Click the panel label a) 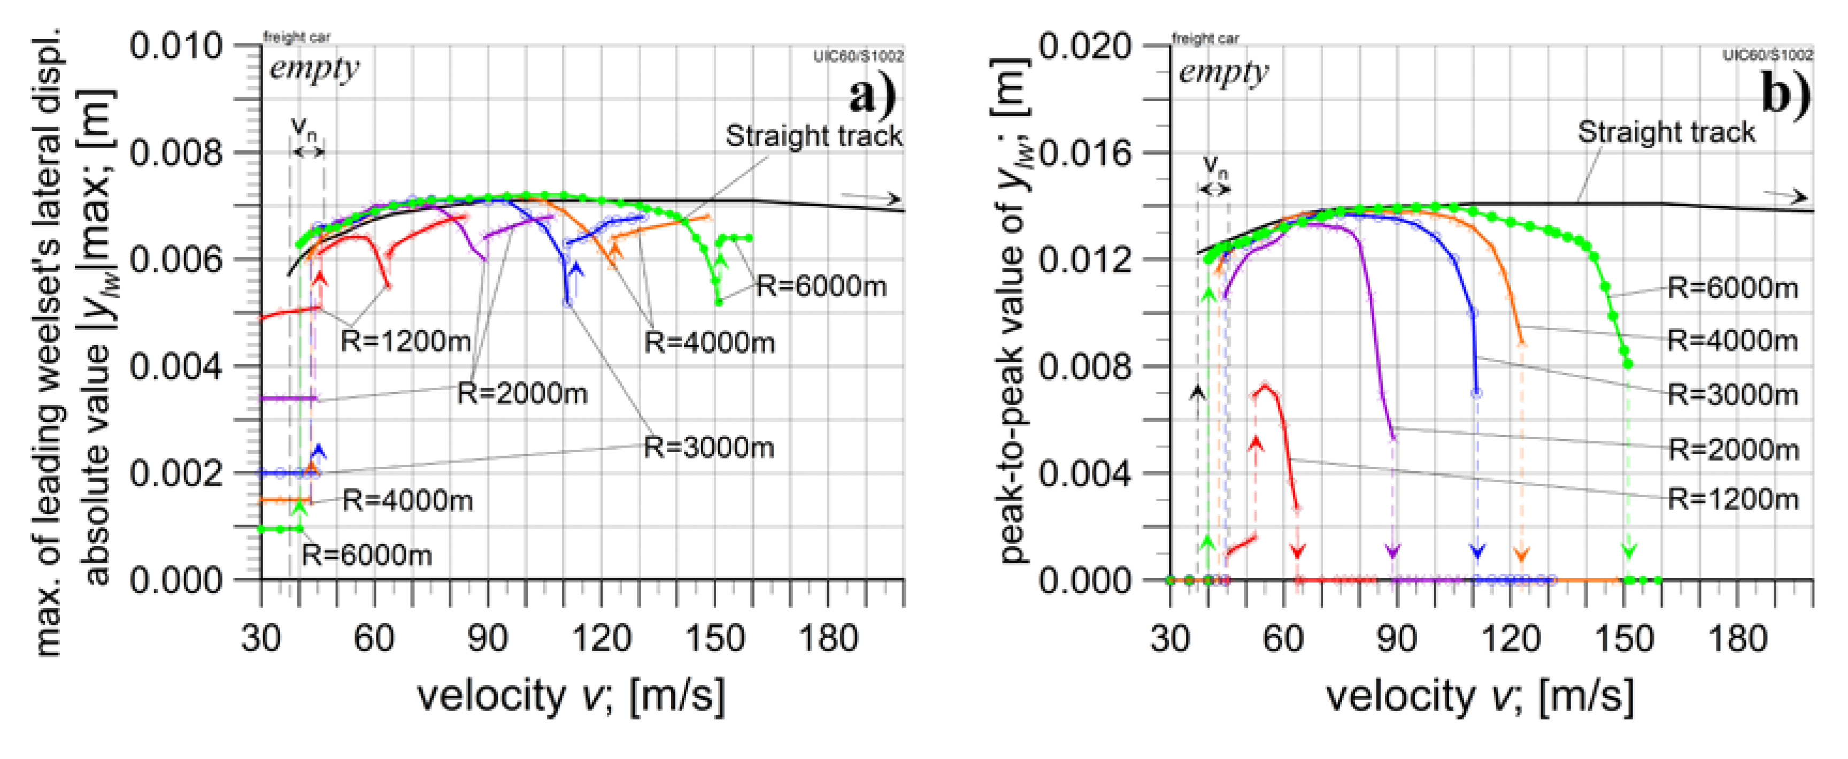872,95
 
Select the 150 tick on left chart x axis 714,637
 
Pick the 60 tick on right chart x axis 1283,637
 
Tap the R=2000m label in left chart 522,393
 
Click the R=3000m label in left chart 709,448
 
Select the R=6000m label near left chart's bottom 367,555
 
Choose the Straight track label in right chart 1665,132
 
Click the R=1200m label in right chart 1732,499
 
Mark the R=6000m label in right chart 1732,288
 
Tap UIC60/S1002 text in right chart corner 1768,55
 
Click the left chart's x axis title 571,696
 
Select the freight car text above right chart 1205,37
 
